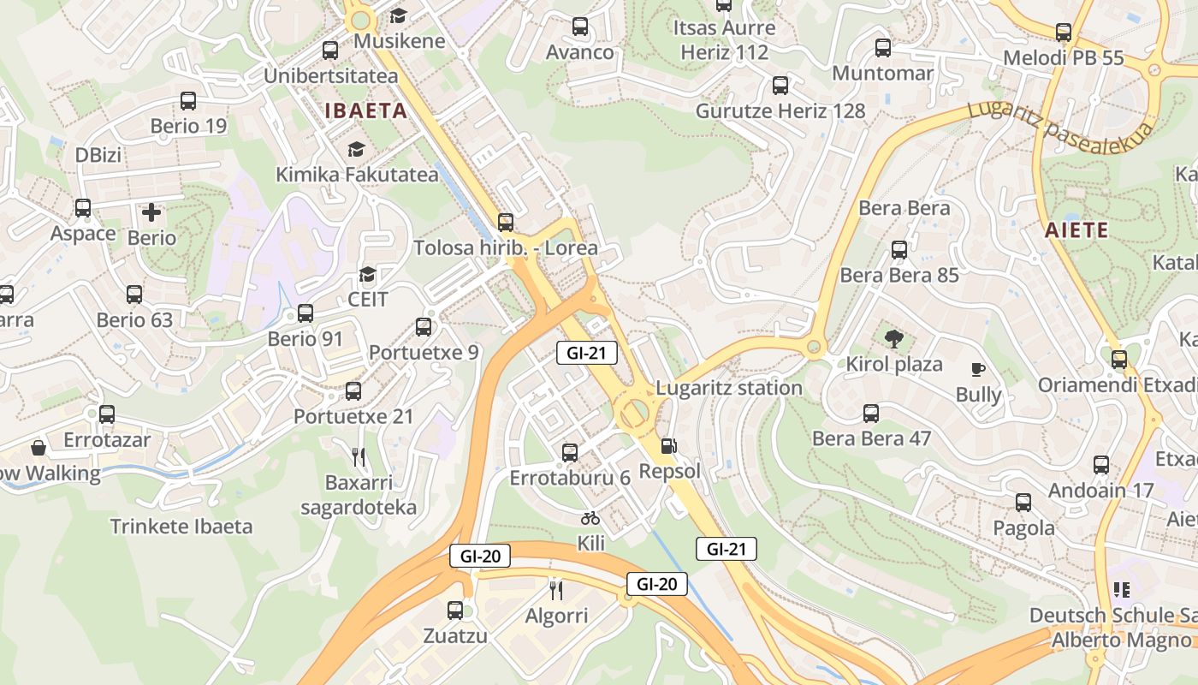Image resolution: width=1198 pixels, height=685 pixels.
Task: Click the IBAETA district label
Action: tap(365, 110)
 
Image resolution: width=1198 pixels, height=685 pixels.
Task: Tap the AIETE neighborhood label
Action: tap(1076, 230)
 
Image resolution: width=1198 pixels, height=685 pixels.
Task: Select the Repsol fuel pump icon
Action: tap(668, 446)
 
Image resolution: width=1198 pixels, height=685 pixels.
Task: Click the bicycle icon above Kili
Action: tap(590, 517)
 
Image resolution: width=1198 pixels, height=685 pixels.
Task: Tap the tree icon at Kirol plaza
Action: tap(894, 338)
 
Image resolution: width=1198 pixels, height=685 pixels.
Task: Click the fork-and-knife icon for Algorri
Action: tap(556, 589)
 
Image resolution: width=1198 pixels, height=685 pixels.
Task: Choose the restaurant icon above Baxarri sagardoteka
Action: tap(359, 456)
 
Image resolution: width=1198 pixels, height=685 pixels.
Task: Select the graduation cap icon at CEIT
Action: tap(368, 274)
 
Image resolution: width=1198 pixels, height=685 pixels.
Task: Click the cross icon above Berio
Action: tap(151, 211)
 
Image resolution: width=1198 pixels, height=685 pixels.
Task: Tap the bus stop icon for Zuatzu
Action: tap(455, 611)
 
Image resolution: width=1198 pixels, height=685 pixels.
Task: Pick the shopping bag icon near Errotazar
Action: tap(39, 447)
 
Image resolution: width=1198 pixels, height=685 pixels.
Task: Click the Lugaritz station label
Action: tap(729, 388)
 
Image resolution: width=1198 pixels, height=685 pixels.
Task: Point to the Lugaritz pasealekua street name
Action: tap(1060, 122)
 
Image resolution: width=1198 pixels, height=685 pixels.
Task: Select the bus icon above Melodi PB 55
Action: tap(1064, 33)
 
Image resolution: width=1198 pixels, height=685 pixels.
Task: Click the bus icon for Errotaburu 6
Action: tap(570, 452)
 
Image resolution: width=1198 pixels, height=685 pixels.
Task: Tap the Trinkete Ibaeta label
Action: tap(181, 526)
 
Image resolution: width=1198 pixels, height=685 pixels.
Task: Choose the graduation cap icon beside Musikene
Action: tap(398, 15)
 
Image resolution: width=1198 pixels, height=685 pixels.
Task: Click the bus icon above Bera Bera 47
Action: tap(871, 414)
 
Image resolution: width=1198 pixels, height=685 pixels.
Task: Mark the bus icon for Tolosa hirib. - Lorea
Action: tap(506, 223)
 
